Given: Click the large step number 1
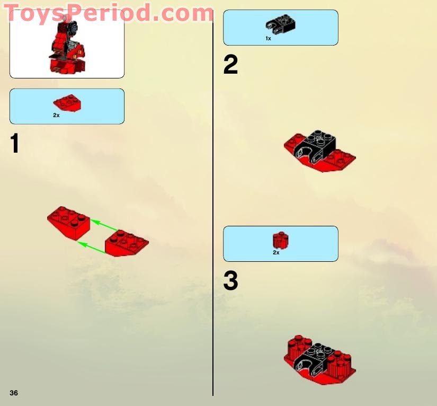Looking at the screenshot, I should [15, 144].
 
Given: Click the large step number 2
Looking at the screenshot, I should [230, 66].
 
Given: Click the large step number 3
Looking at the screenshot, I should [230, 281].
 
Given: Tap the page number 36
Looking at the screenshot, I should [14, 393].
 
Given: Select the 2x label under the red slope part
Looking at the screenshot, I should [56, 115].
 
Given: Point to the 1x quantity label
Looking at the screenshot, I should [269, 39].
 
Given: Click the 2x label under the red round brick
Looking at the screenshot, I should [276, 253].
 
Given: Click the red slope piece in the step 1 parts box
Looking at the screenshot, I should [67, 103].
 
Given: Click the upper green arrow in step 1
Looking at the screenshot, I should [103, 225].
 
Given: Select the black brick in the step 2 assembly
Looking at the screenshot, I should [316, 146].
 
